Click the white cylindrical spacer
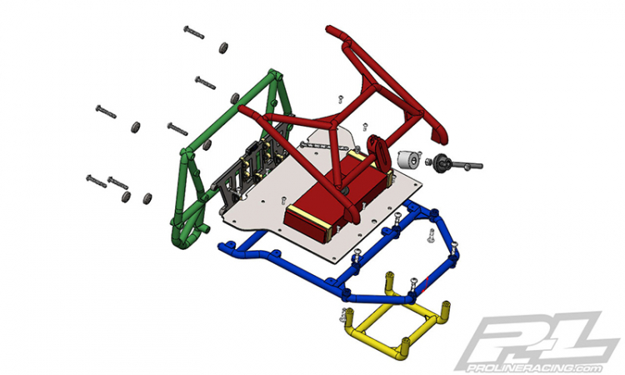[x=409, y=160]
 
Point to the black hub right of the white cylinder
[x=441, y=162]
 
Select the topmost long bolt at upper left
[x=193, y=32]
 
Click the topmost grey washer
[x=223, y=47]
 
